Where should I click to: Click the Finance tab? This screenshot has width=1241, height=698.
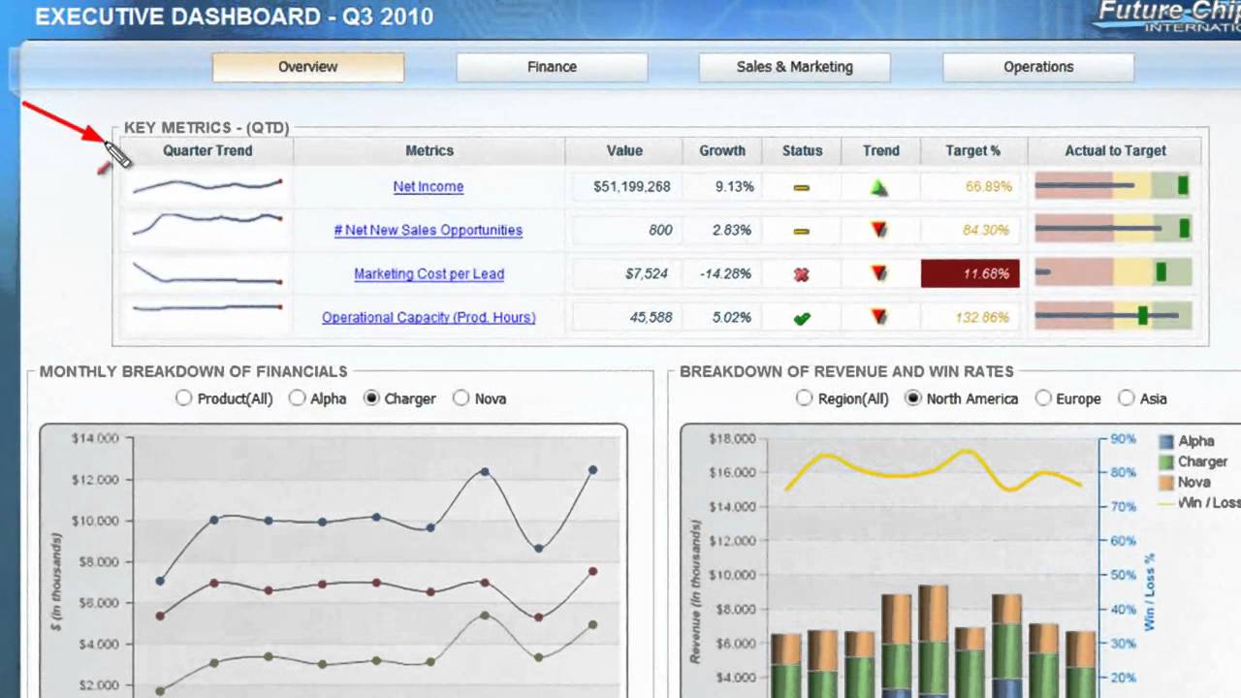[552, 67]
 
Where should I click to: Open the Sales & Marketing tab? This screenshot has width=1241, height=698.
[794, 67]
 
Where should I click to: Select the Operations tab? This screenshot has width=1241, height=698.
[1037, 67]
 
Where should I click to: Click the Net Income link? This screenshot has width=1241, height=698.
[429, 187]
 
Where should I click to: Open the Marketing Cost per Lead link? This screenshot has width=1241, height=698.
[429, 274]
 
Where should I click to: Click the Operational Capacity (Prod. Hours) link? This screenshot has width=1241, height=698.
[429, 318]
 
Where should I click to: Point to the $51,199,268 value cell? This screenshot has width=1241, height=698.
[631, 187]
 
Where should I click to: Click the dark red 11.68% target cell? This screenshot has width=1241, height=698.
[970, 274]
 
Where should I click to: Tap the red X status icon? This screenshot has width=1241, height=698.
[802, 274]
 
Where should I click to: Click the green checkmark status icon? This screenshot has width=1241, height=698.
[802, 318]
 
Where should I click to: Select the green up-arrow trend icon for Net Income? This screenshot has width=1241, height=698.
[879, 187]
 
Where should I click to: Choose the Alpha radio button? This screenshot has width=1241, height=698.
[298, 398]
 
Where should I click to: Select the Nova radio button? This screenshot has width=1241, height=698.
[461, 398]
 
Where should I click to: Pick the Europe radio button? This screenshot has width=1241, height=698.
[1043, 398]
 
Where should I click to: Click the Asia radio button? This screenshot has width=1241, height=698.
[1127, 398]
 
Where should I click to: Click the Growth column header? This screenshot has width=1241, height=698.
[722, 151]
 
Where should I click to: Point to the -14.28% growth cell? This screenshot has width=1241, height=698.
[725, 274]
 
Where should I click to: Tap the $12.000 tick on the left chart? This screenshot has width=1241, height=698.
[95, 480]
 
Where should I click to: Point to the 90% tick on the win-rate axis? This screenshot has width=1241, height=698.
[1123, 439]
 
